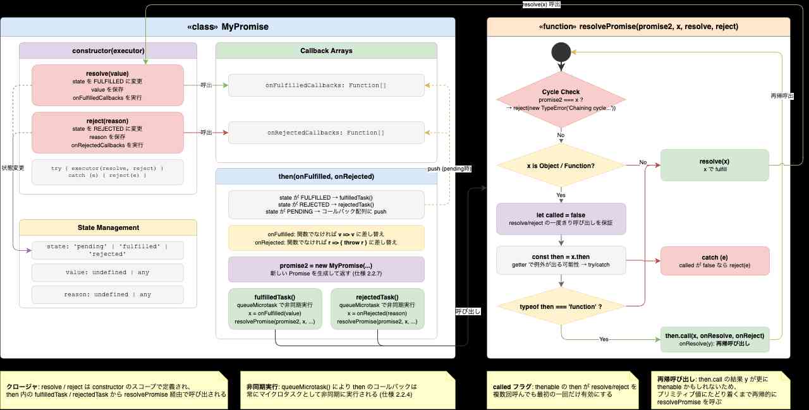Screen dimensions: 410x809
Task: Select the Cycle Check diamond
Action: point(561,100)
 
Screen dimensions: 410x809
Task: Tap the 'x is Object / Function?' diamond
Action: point(561,166)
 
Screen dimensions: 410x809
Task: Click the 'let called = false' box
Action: point(561,219)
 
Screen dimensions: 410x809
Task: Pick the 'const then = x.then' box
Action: point(561,260)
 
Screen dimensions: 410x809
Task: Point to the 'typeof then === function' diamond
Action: point(561,306)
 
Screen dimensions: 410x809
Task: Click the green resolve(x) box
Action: point(714,166)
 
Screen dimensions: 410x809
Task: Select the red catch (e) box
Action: point(714,260)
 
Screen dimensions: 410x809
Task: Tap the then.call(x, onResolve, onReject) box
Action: point(714,339)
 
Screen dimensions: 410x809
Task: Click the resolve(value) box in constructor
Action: point(107,85)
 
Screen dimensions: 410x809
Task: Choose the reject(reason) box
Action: point(107,133)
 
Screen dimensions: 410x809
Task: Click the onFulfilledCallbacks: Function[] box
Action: point(326,85)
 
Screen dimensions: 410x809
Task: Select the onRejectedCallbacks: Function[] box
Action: point(326,133)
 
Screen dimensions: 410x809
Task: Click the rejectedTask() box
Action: point(377,309)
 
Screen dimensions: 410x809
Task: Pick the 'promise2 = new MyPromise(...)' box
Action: point(326,269)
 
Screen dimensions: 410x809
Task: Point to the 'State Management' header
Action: point(107,227)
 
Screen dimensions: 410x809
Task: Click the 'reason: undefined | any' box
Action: point(107,294)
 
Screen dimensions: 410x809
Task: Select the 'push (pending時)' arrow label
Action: point(449,169)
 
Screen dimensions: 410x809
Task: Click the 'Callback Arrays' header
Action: point(326,51)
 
